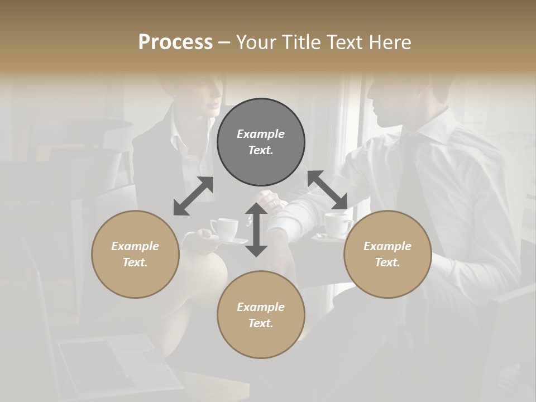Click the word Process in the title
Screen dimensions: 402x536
175,42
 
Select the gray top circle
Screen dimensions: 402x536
261,142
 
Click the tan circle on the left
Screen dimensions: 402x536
135,254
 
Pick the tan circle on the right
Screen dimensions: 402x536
387,254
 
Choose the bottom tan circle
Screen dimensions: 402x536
261,314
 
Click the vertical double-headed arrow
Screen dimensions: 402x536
256,229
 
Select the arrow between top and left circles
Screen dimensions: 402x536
193,196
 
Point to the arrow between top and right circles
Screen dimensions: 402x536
328,190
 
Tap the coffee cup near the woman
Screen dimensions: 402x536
224,229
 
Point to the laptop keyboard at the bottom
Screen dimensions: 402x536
106,363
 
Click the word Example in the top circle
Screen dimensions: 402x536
261,134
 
